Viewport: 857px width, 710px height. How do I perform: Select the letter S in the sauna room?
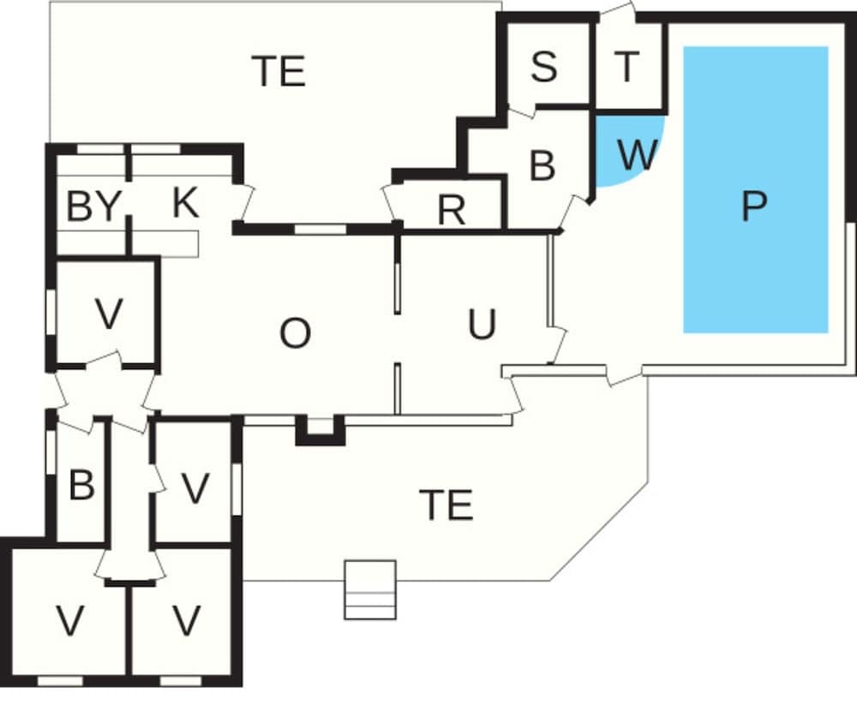(543, 67)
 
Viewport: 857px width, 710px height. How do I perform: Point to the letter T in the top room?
(628, 67)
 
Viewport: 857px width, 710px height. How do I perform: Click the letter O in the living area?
(295, 334)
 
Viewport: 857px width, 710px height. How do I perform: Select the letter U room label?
(482, 325)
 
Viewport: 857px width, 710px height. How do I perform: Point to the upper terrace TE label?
(279, 72)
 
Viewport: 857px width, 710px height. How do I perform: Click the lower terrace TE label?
(446, 505)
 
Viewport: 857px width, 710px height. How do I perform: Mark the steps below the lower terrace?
(370, 589)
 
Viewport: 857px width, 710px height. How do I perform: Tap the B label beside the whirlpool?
(542, 165)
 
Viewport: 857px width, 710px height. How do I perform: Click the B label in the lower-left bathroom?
(81, 486)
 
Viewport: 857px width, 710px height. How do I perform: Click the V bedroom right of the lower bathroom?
(196, 489)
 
